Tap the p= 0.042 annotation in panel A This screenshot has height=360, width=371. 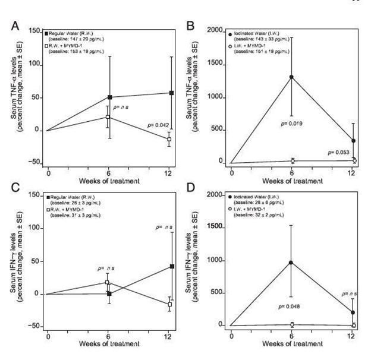[x=159, y=125]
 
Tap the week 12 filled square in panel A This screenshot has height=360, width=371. [x=171, y=93]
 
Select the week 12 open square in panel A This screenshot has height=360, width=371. [x=169, y=139]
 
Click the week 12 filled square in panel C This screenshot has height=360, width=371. [x=172, y=266]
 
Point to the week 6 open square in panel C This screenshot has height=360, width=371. [x=107, y=283]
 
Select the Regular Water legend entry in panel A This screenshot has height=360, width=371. [x=81, y=31]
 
